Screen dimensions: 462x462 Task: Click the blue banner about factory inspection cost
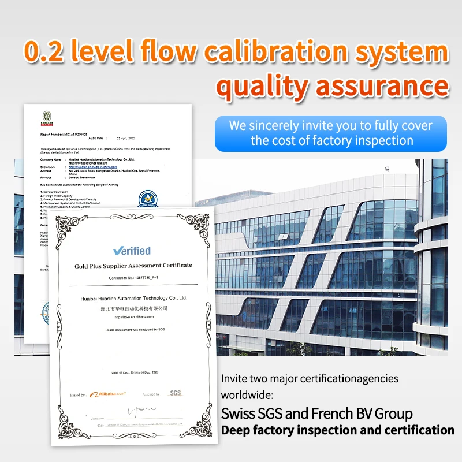[330, 133]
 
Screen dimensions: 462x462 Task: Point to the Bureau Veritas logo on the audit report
[46, 117]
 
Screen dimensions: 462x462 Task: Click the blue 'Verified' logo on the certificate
[132, 250]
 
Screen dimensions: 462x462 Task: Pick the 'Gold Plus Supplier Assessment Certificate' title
[133, 266]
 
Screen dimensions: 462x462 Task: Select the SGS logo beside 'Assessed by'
[175, 393]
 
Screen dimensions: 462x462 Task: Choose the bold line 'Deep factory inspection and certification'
[338, 430]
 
